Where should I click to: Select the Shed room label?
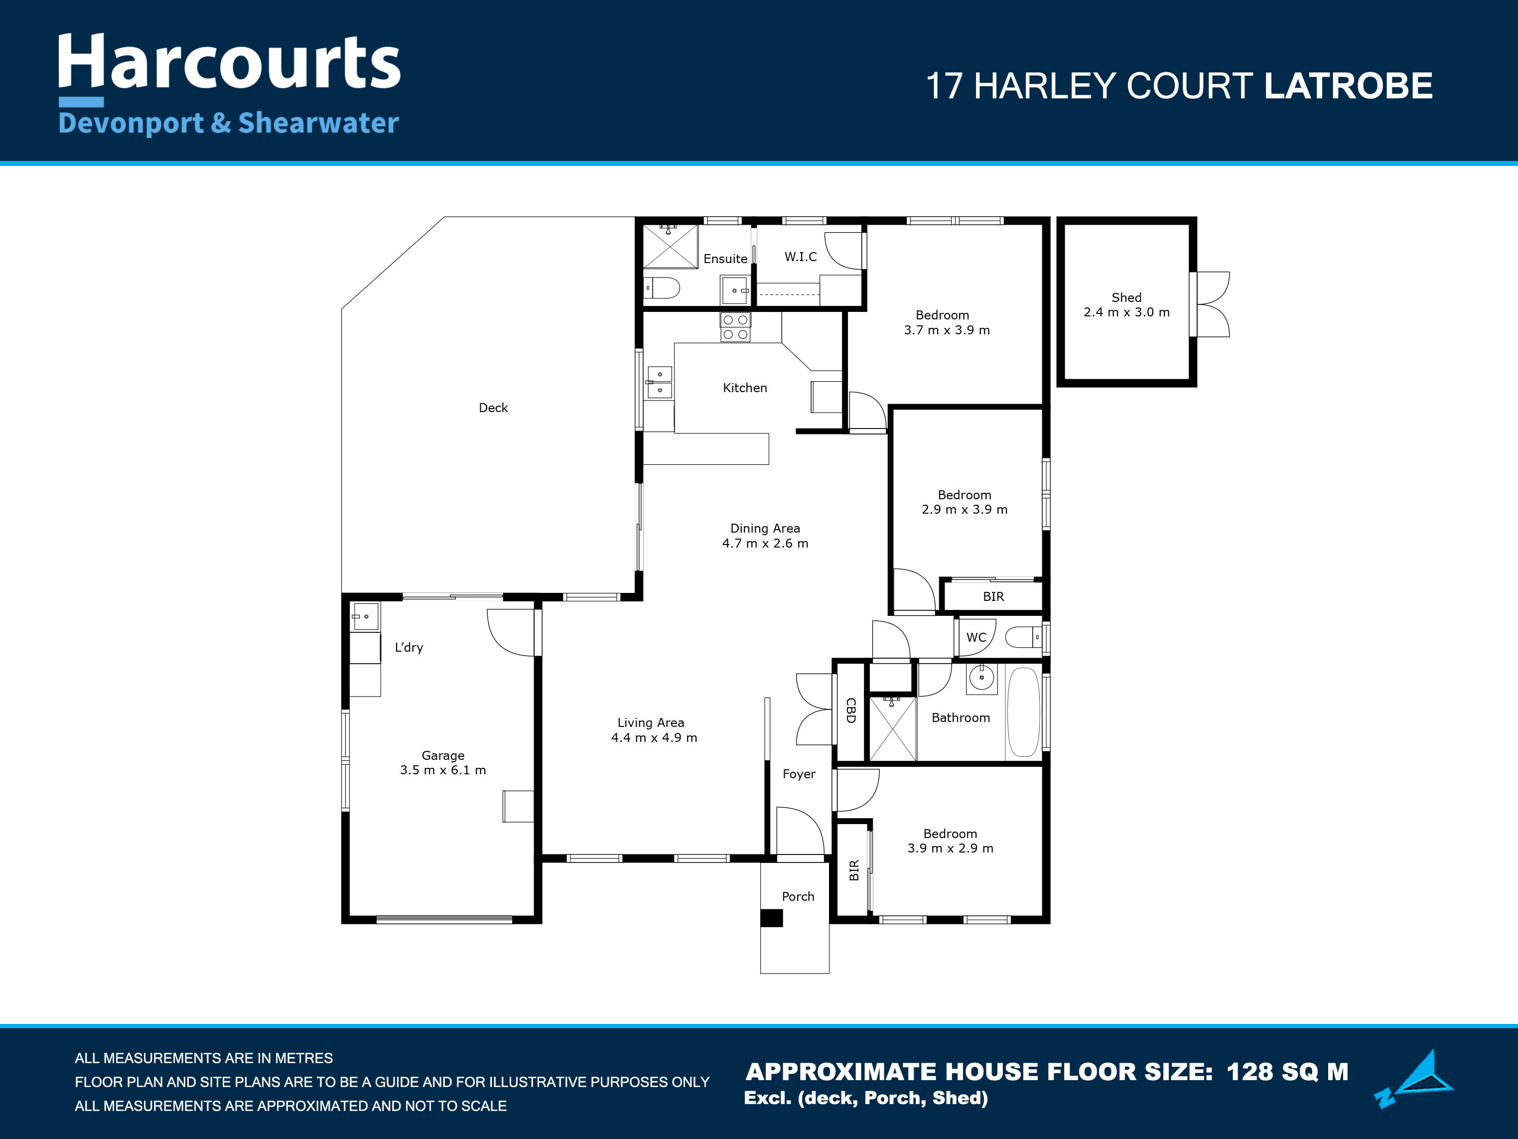[x=1126, y=297]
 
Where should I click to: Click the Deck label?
[x=493, y=408]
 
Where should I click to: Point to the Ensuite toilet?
[x=662, y=287]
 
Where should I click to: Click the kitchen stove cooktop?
[x=735, y=327]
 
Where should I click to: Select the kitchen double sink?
[x=660, y=382]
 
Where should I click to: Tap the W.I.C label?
[x=801, y=257]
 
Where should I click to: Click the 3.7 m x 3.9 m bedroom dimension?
[x=947, y=330]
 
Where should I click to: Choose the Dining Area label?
[x=765, y=528]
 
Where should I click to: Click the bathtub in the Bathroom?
[x=1023, y=712]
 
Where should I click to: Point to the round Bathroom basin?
[x=981, y=678]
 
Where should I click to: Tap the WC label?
[x=976, y=637]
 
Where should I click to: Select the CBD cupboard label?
[x=851, y=710]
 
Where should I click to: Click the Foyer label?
[x=799, y=774]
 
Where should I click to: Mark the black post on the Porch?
[x=771, y=918]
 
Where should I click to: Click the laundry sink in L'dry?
[x=365, y=617]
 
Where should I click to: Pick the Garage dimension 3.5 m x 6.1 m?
[x=442, y=770]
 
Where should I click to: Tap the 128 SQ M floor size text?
[x=1287, y=1072]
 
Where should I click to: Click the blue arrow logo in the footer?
[x=1415, y=1079]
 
